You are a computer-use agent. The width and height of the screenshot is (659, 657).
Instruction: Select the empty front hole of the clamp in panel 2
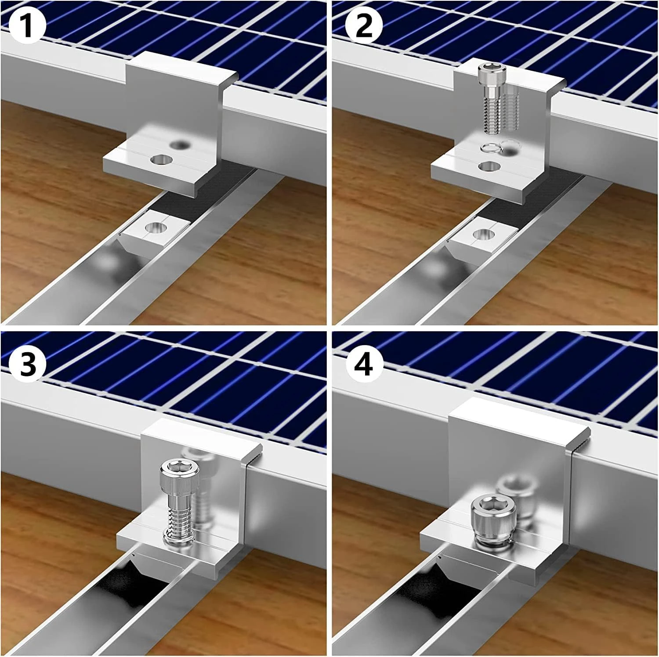489,166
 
